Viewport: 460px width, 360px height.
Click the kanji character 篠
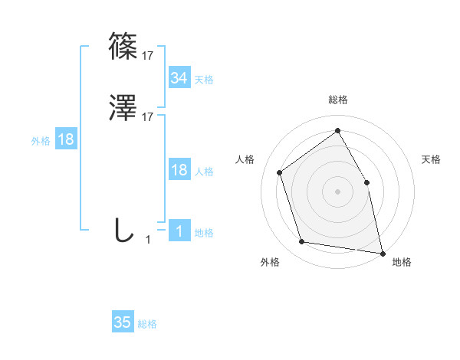coord(124,47)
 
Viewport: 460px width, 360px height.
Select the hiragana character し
coord(124,230)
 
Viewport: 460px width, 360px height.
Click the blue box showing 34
coord(179,78)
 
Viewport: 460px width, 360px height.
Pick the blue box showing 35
coord(122,322)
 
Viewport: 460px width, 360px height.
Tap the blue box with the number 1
coord(179,231)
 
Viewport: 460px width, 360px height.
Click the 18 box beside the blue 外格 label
coord(65,139)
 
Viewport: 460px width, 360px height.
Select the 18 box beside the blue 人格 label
coord(179,170)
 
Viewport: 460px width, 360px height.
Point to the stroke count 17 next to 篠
coord(148,55)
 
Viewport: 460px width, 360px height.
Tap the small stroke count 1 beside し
coord(148,240)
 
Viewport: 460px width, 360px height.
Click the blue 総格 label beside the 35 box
coord(147,324)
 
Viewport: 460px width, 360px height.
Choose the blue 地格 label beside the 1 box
coord(204,233)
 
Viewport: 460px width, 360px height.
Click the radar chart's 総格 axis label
coord(338,100)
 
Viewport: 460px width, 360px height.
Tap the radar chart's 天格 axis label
coord(432,159)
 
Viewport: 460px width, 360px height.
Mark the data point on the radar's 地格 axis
coord(383,253)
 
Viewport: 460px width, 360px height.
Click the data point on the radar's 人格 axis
coord(280,172)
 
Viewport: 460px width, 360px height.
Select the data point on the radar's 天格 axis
coord(366,182)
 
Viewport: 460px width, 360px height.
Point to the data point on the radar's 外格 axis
coord(302,242)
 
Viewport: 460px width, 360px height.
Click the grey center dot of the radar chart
coord(338,191)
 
